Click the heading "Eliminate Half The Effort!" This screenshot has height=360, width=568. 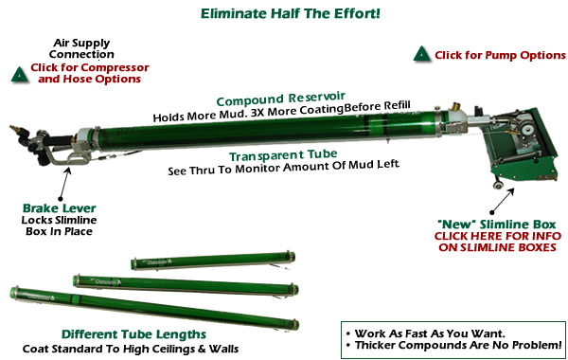(x=291, y=13)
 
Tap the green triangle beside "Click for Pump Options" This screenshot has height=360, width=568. (x=422, y=54)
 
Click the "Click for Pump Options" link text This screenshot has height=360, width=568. (x=500, y=55)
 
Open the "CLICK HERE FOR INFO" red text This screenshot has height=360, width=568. (x=498, y=236)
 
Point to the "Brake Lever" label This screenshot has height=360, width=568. (x=60, y=208)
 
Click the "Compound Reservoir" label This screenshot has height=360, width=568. (x=281, y=99)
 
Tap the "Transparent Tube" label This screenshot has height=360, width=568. (x=283, y=155)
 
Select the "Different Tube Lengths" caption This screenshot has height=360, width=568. (x=133, y=333)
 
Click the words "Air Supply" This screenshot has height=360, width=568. (x=81, y=44)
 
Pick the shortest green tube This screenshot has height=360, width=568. (x=213, y=261)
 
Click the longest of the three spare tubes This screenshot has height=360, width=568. (x=154, y=308)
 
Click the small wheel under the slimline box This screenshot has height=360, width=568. (x=498, y=185)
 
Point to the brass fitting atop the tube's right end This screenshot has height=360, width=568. (x=455, y=107)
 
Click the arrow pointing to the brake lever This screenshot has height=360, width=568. (x=64, y=183)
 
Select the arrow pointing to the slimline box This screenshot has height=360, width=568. (x=503, y=201)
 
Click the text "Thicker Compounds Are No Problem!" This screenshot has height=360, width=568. (x=458, y=345)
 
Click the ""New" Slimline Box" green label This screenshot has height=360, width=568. (x=496, y=224)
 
